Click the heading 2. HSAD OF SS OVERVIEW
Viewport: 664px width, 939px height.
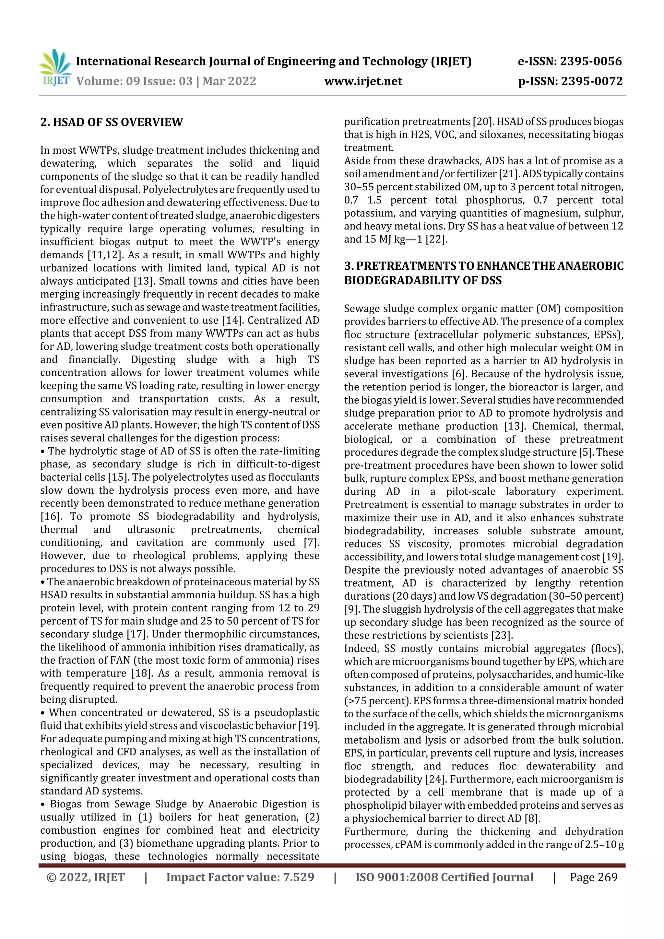pos(112,122)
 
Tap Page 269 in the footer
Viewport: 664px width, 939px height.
pos(593,877)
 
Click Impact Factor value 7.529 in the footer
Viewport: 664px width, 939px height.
pos(240,877)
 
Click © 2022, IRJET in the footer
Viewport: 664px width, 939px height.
pos(86,877)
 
